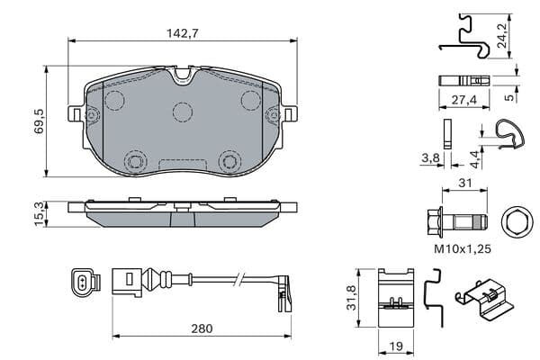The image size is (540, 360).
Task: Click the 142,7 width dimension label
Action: tap(183, 33)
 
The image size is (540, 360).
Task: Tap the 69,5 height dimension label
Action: tap(40, 121)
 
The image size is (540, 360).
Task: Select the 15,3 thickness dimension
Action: tap(40, 214)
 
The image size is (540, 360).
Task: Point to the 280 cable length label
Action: tap(202, 328)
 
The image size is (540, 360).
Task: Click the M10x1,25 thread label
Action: tap(463, 248)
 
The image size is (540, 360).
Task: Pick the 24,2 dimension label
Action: tap(502, 35)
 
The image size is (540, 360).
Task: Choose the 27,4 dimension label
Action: tap(464, 100)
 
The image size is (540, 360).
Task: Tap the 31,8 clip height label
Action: tap(351, 298)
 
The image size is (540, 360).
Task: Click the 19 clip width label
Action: tap(396, 346)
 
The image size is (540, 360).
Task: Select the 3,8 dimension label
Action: tap(431, 157)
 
